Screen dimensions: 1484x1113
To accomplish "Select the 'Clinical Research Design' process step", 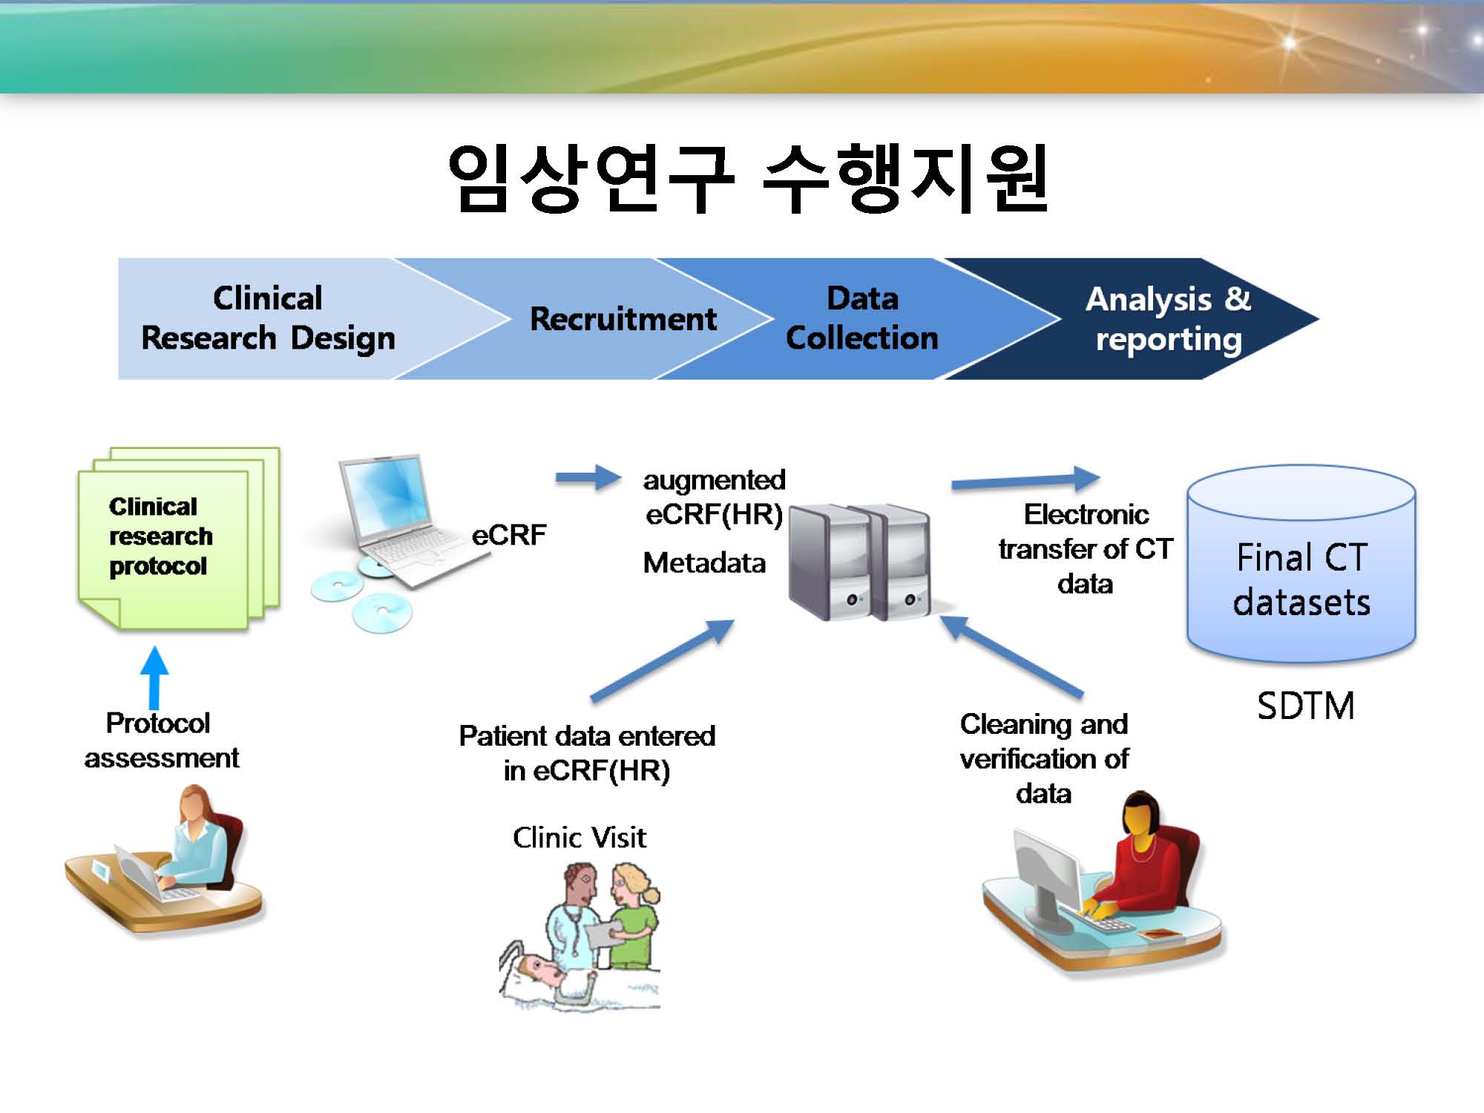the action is [267, 318].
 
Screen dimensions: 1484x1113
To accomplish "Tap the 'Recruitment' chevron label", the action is [623, 319].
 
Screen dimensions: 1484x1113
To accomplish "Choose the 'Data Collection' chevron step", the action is [862, 318].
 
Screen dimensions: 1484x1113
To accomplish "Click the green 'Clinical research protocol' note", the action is [178, 538].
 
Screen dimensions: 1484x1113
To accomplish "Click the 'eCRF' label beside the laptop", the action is [509, 534].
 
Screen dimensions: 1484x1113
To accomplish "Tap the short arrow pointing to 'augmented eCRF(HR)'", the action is [588, 478].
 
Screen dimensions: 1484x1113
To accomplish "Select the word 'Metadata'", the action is [704, 562].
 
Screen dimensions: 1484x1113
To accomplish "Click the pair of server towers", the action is [859, 562].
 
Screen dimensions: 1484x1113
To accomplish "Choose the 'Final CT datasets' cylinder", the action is [1301, 564].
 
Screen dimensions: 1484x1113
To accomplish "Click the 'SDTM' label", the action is [1306, 705].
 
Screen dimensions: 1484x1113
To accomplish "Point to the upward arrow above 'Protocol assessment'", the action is [154, 677].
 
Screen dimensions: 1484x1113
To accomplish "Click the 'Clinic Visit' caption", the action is [580, 837].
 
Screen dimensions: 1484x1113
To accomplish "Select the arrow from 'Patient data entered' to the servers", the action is [662, 660].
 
